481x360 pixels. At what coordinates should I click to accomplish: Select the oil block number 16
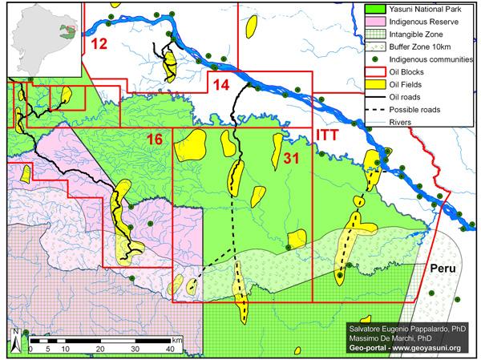click(x=155, y=141)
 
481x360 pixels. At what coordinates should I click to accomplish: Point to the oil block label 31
click(x=291, y=159)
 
